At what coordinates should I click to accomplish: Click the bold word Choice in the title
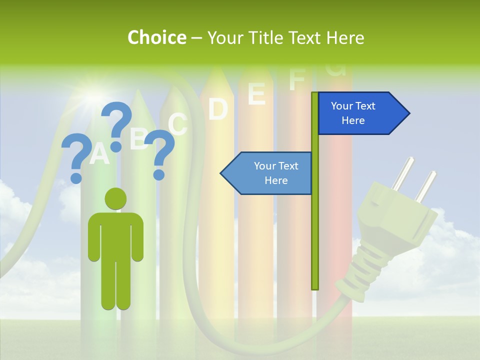[156, 37]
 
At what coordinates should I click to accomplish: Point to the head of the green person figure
[115, 198]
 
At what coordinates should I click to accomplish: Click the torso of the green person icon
[115, 235]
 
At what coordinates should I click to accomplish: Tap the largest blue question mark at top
[117, 125]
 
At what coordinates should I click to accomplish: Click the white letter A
[99, 153]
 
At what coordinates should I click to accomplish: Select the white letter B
[138, 138]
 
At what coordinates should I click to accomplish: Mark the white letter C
[177, 124]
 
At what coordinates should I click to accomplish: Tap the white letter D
[218, 109]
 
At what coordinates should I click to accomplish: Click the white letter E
[256, 93]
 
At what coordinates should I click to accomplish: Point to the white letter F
[297, 79]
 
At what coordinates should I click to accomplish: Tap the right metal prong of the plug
[426, 186]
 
